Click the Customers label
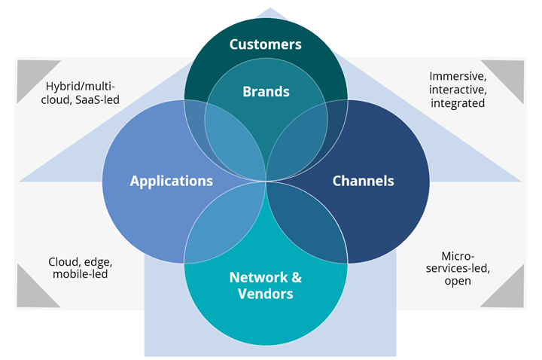pos(266,44)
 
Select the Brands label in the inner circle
pos(266,92)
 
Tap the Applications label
pos(171,181)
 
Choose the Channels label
pos(363,181)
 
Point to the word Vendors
pos(266,294)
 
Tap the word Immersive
pos(458,76)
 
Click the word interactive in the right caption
pos(458,90)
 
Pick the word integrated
pos(458,103)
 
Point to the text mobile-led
pos(80,275)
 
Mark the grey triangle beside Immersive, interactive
pos(510,74)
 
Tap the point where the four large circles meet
pos(266,181)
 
